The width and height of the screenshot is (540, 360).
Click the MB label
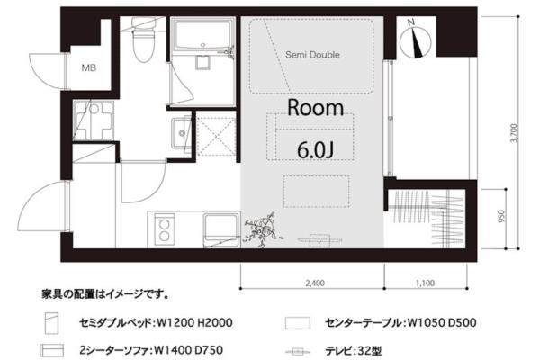pyautogui.click(x=88, y=67)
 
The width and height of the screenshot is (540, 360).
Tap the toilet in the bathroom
pyautogui.click(x=143, y=40)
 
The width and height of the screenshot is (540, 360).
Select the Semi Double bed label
pyautogui.click(x=312, y=55)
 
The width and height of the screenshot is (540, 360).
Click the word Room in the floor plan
pyautogui.click(x=316, y=108)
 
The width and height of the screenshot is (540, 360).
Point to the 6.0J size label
pyautogui.click(x=316, y=150)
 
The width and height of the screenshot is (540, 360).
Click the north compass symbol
pyautogui.click(x=415, y=40)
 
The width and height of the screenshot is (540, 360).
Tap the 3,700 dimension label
pyautogui.click(x=514, y=133)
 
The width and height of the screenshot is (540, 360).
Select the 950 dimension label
pyautogui.click(x=501, y=216)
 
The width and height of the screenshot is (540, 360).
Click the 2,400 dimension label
pyautogui.click(x=315, y=283)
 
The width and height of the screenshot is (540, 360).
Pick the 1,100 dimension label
pyautogui.click(x=425, y=283)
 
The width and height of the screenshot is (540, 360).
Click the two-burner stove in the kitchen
pyautogui.click(x=164, y=229)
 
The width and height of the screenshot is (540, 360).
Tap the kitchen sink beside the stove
pyautogui.click(x=221, y=229)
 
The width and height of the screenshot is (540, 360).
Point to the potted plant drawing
pyautogui.click(x=261, y=229)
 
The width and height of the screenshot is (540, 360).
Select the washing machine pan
pyautogui.click(x=94, y=121)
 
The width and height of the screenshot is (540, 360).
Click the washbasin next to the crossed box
pyautogui.click(x=181, y=133)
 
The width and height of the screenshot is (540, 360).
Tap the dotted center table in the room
pyautogui.click(x=317, y=192)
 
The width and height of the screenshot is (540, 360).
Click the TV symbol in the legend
pyautogui.click(x=298, y=352)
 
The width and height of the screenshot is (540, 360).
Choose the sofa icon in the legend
pyautogui.click(x=51, y=350)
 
